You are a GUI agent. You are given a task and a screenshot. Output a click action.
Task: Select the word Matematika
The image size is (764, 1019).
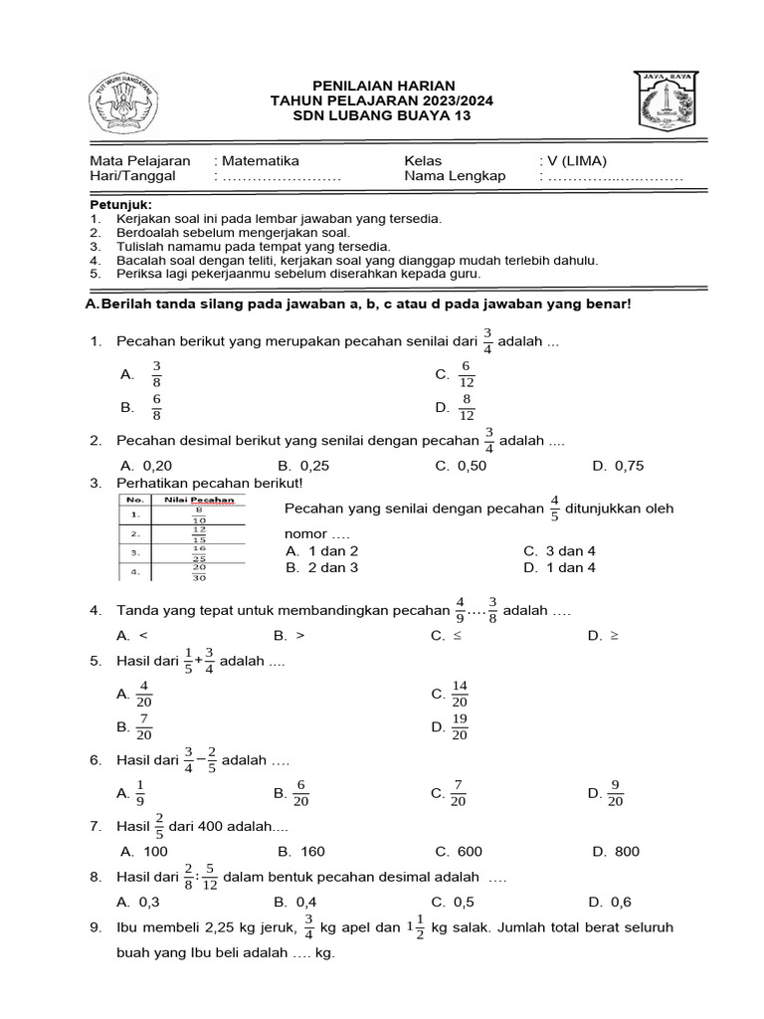(x=260, y=160)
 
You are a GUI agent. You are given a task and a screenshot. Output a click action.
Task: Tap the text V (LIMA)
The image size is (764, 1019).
(x=578, y=160)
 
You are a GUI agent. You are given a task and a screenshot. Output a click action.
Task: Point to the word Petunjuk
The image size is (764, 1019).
(x=118, y=203)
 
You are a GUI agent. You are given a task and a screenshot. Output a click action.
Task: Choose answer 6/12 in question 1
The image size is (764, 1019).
(x=466, y=374)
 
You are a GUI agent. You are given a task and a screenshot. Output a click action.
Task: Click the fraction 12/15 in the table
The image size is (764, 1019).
(x=199, y=534)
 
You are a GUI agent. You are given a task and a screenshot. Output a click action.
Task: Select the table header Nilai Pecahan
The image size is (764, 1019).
(x=199, y=500)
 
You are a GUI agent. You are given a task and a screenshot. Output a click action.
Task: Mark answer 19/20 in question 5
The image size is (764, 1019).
(x=459, y=727)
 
